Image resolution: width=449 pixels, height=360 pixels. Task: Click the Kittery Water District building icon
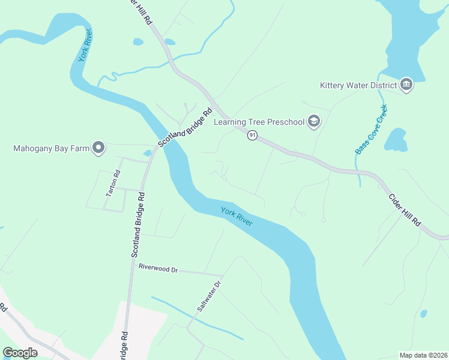[x=406, y=85]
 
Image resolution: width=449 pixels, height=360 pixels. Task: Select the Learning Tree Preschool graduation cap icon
[x=313, y=122]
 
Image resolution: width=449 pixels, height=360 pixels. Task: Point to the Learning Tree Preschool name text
[x=259, y=122]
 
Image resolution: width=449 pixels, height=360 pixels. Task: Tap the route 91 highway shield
[x=252, y=136]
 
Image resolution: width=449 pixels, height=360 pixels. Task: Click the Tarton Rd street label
[x=113, y=183]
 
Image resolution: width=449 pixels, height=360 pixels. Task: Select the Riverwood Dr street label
[x=158, y=269]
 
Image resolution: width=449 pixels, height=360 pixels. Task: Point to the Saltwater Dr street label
[x=210, y=296]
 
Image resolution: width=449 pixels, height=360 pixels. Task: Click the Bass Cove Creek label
[x=372, y=130]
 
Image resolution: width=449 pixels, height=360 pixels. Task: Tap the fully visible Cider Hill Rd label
[x=405, y=208]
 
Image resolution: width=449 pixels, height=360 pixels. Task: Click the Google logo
[x=20, y=353]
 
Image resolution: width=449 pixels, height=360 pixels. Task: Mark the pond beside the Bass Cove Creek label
[x=396, y=140]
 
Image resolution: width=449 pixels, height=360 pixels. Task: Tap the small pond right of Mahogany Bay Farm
[x=147, y=153]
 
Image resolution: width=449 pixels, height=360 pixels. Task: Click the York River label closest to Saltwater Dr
[x=237, y=217]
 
